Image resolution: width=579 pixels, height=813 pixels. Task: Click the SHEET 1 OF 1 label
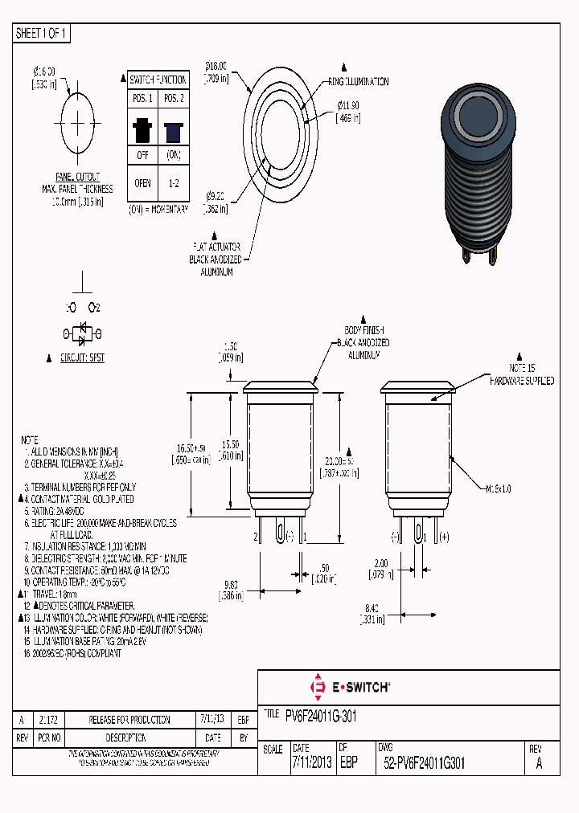pyautogui.click(x=42, y=34)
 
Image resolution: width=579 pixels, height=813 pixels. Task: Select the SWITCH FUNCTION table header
pyautogui.click(x=159, y=80)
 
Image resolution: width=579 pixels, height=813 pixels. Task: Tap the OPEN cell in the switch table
pyautogui.click(x=142, y=183)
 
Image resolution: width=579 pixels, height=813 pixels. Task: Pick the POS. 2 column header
pyautogui.click(x=173, y=99)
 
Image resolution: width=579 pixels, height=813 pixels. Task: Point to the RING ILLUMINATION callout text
pyautogui.click(x=358, y=82)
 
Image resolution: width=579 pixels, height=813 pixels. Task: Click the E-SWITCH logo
pyautogui.click(x=350, y=687)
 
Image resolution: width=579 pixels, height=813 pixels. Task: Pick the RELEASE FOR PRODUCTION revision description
pyautogui.click(x=129, y=720)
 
